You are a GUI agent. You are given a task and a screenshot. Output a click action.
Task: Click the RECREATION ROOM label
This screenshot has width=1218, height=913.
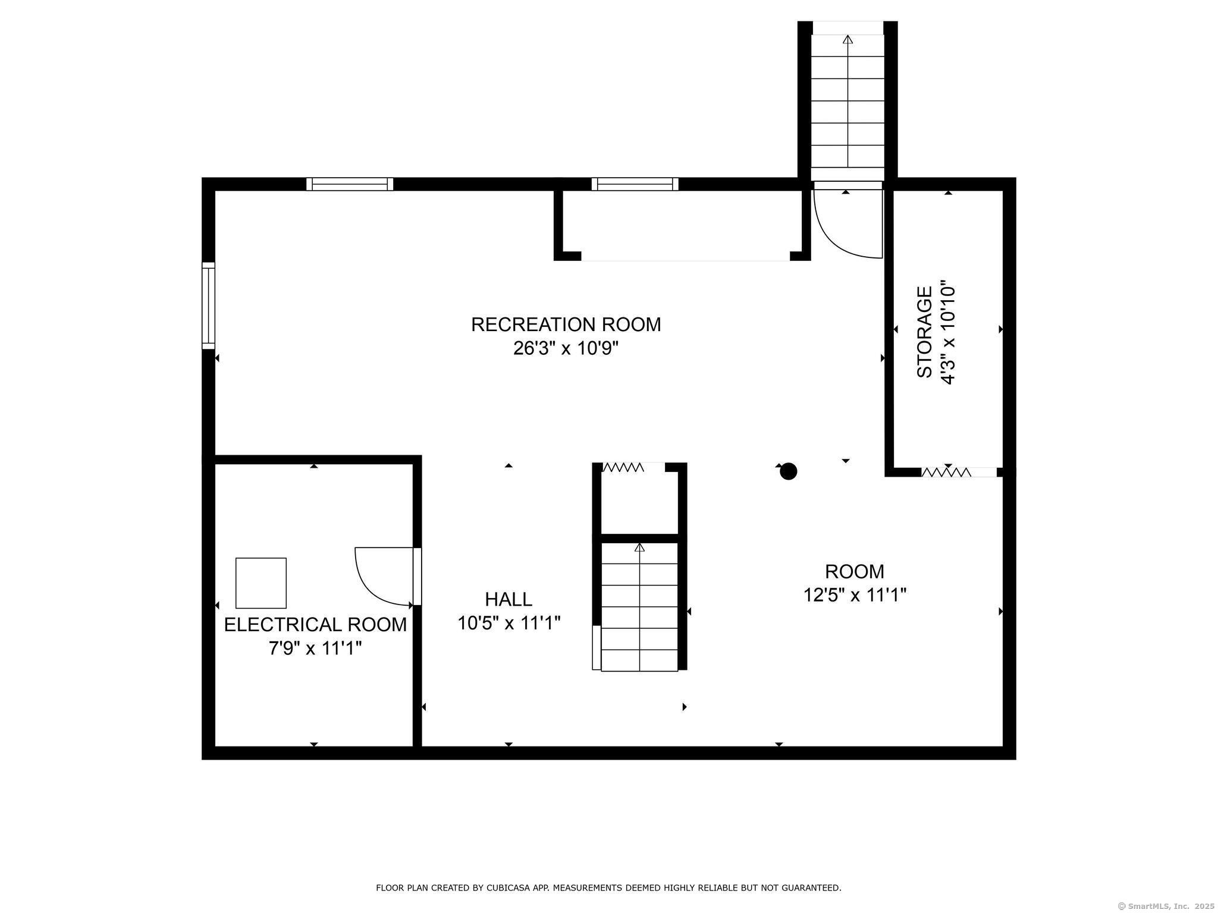coord(566,325)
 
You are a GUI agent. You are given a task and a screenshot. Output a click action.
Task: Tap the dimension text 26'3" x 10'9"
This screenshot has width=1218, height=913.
coord(566,348)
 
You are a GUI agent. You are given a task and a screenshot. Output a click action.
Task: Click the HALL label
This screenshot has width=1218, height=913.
coord(508,599)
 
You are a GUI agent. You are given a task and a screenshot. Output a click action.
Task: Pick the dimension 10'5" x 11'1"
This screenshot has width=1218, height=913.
coord(508,623)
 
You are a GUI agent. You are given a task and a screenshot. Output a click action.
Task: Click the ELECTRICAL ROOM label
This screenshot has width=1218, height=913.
coord(315,625)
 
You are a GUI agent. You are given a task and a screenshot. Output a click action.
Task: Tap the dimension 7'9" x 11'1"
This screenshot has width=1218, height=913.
coord(315,648)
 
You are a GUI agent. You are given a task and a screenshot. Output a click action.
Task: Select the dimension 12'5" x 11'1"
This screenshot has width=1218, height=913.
coord(855,594)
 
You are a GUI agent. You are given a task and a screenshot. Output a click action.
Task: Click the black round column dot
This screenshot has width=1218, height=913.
coord(788,471)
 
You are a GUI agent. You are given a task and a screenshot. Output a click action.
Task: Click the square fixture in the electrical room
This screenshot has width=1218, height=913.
coord(261,583)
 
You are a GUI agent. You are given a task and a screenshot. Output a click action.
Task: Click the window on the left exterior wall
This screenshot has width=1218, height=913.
coord(208,306)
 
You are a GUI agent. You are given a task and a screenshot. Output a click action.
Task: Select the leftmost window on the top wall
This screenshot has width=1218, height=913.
coord(350,184)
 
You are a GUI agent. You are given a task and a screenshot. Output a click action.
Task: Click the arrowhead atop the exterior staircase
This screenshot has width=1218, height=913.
coord(848,39)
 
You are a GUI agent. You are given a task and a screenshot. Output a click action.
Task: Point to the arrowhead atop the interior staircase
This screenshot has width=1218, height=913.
coord(640,547)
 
